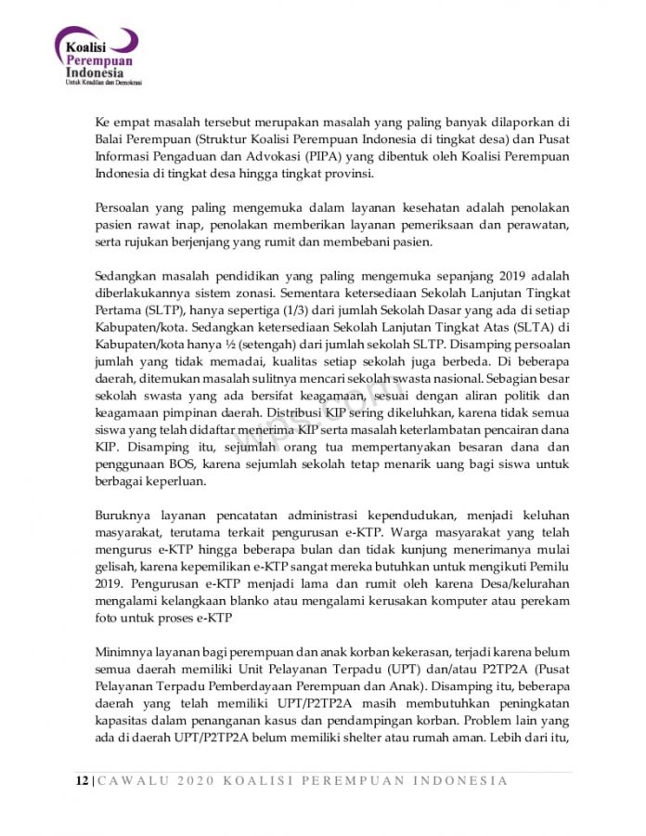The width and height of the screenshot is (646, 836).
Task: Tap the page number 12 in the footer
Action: tap(82, 780)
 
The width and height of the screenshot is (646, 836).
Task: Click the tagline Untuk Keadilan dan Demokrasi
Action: tap(102, 83)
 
